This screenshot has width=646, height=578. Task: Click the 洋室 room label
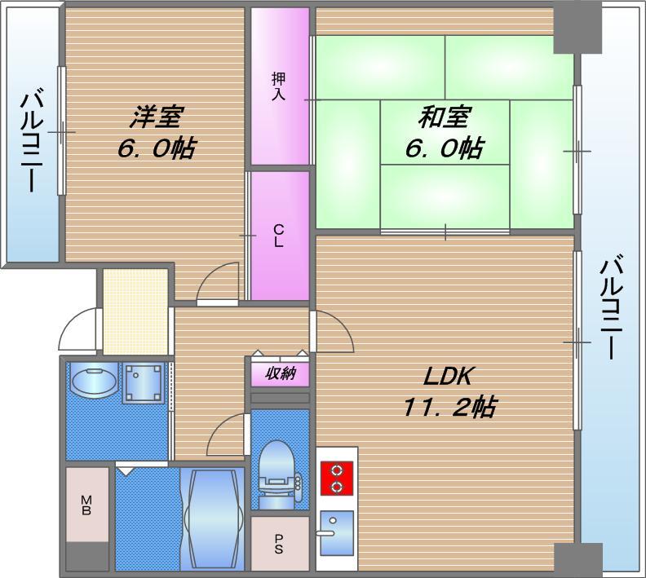point(154,117)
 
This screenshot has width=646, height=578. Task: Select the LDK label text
point(449,376)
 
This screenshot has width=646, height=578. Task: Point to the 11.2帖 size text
point(449,405)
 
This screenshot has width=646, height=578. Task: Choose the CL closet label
point(279,236)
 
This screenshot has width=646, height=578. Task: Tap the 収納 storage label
point(280,374)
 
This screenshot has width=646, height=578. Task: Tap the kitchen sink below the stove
point(336,526)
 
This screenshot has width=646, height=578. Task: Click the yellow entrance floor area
point(135,311)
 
